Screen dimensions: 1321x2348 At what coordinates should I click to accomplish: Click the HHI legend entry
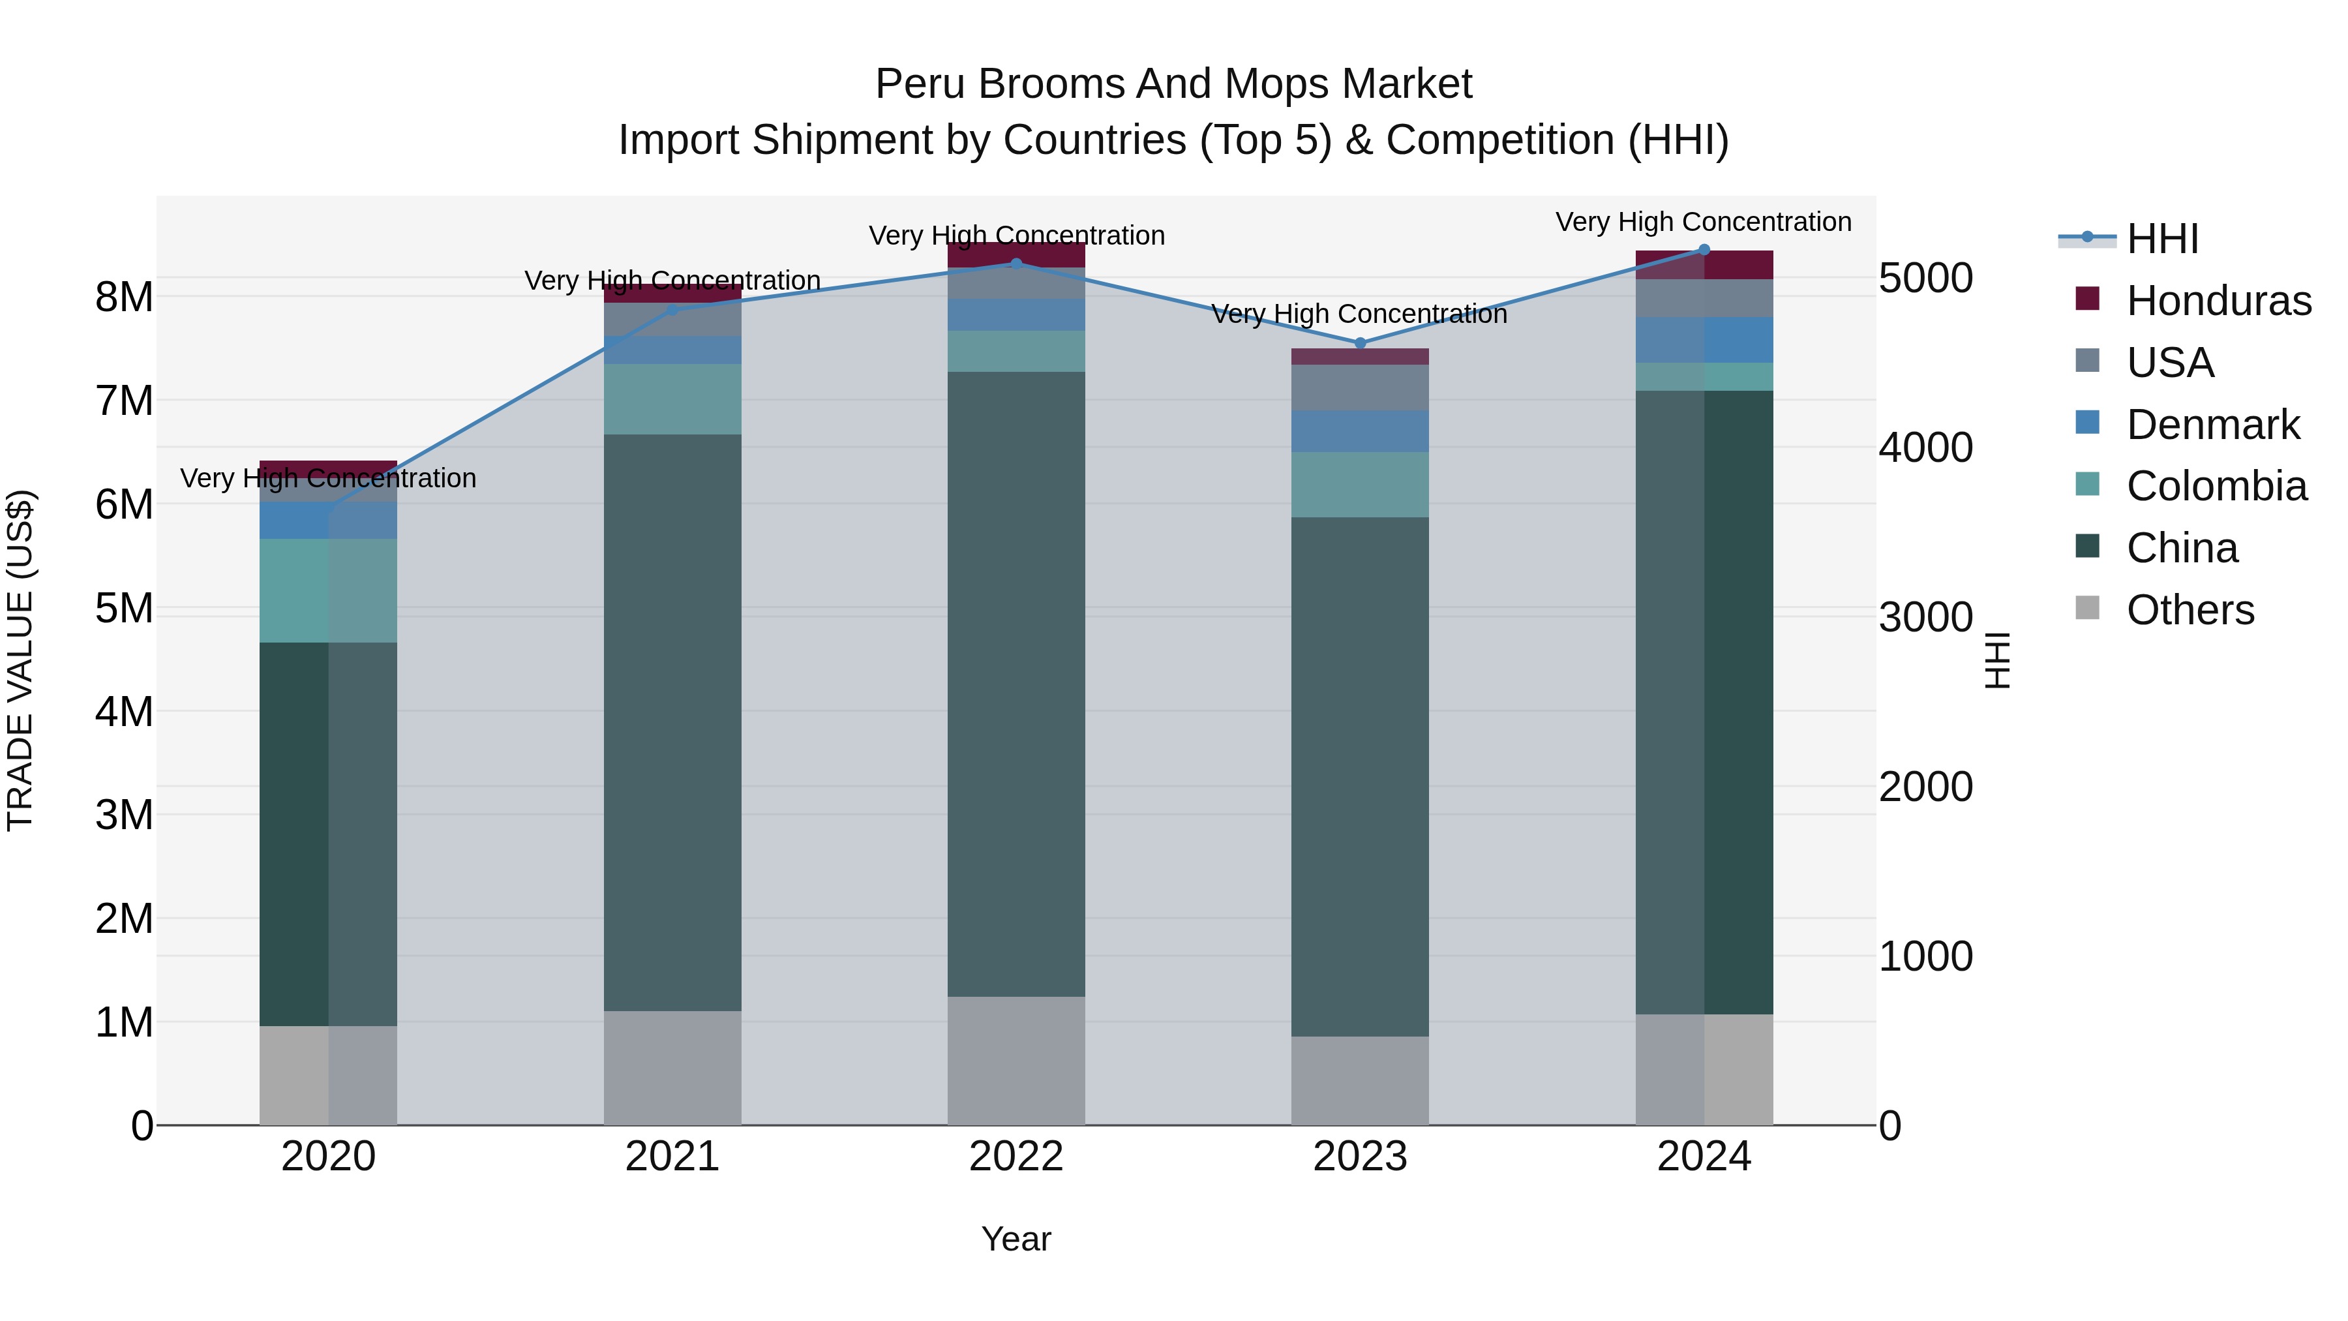pos(2162,239)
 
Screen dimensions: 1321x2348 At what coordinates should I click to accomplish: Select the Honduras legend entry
pos(2218,301)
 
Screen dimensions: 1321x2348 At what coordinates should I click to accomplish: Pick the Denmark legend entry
pos(2212,425)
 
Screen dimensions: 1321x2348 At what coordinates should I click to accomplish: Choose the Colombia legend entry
pos(2216,486)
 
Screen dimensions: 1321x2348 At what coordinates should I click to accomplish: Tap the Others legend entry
pos(2190,610)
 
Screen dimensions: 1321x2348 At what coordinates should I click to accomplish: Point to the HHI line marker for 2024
pos(1704,250)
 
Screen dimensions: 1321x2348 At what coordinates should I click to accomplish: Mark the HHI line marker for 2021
pos(672,310)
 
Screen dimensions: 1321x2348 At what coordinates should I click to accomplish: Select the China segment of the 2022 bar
pos(1016,684)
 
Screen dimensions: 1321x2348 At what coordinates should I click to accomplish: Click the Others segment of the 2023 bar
pos(1360,1080)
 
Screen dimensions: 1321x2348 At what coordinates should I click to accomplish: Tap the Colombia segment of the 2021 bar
pos(672,399)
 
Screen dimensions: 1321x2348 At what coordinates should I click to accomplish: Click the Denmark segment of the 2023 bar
pos(1360,431)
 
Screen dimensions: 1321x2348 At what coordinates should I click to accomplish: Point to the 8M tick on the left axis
pos(124,297)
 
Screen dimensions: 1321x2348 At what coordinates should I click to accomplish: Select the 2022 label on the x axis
pos(1016,1157)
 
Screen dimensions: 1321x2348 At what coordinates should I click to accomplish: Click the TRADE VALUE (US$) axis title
pos(20,660)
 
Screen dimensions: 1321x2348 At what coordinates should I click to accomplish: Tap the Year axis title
pos(1016,1239)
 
